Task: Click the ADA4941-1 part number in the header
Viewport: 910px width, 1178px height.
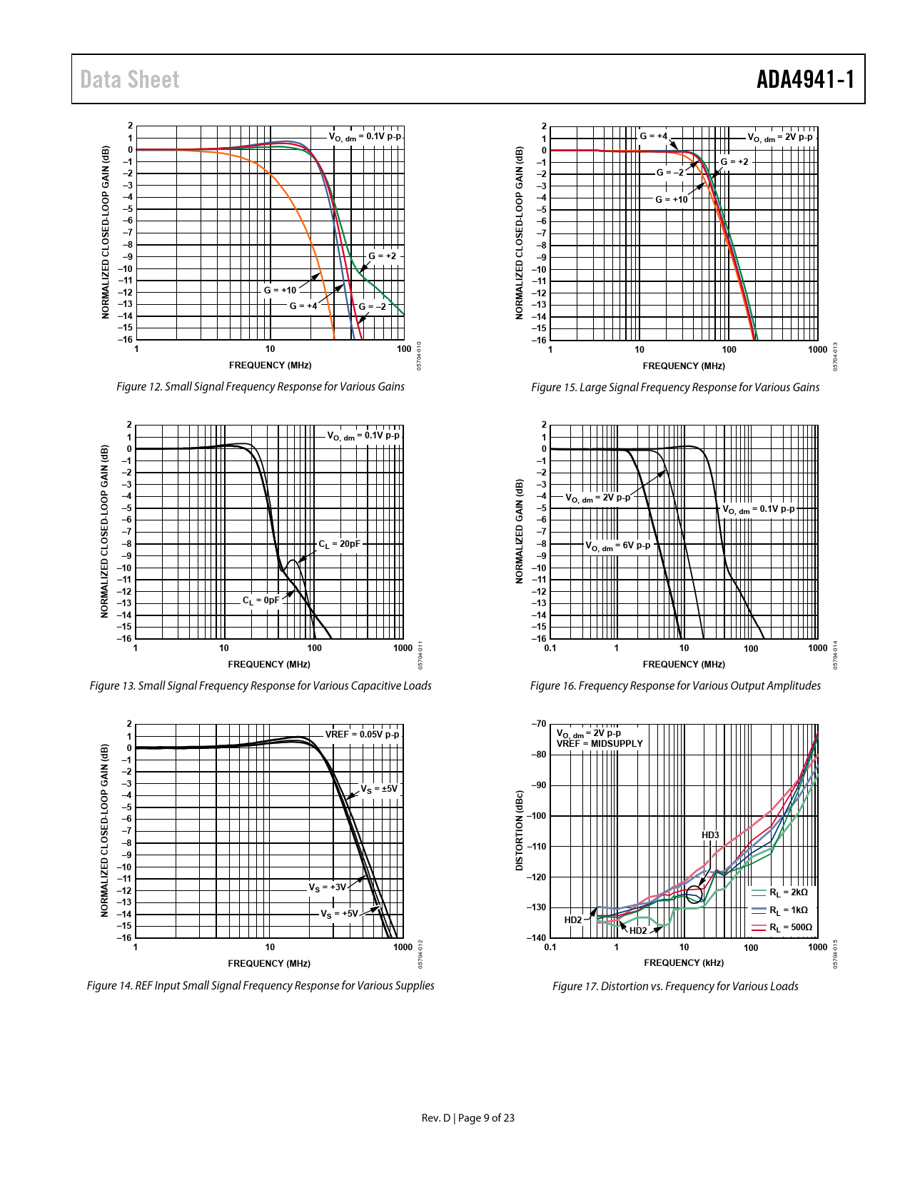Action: tap(805, 79)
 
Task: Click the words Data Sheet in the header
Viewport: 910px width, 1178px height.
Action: tap(129, 79)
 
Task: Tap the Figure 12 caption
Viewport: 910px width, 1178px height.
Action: tap(260, 387)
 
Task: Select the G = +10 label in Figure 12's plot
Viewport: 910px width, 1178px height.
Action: tap(280, 291)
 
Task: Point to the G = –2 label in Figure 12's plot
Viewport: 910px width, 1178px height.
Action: tap(372, 307)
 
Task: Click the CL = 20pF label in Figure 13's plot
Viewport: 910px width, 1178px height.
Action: tap(339, 544)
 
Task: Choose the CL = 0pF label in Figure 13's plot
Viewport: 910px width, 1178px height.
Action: tap(261, 600)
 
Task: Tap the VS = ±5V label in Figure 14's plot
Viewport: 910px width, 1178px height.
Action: tap(378, 789)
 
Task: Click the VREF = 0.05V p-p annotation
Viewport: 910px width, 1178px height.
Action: tap(363, 735)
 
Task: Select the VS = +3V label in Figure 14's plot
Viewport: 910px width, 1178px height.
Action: tap(327, 887)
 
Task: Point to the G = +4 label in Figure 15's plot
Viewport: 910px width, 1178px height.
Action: tap(653, 136)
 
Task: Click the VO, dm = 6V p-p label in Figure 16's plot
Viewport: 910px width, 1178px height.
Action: tap(618, 545)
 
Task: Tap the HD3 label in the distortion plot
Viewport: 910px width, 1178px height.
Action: tap(710, 835)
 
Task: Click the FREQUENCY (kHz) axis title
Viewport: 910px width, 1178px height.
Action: tap(684, 963)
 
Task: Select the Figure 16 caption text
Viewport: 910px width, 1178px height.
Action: tap(675, 686)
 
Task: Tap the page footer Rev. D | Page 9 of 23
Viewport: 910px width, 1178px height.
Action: tap(467, 1118)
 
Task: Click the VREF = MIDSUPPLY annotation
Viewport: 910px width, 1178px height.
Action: tap(600, 744)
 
